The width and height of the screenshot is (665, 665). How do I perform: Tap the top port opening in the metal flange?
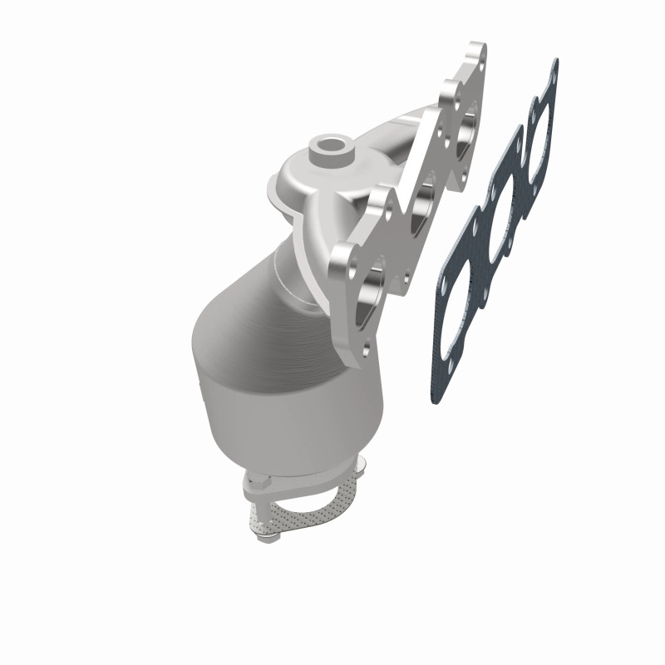(467, 125)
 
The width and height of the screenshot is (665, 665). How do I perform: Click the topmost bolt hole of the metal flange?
(476, 51)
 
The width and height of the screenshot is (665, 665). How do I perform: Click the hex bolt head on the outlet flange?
(257, 482)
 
